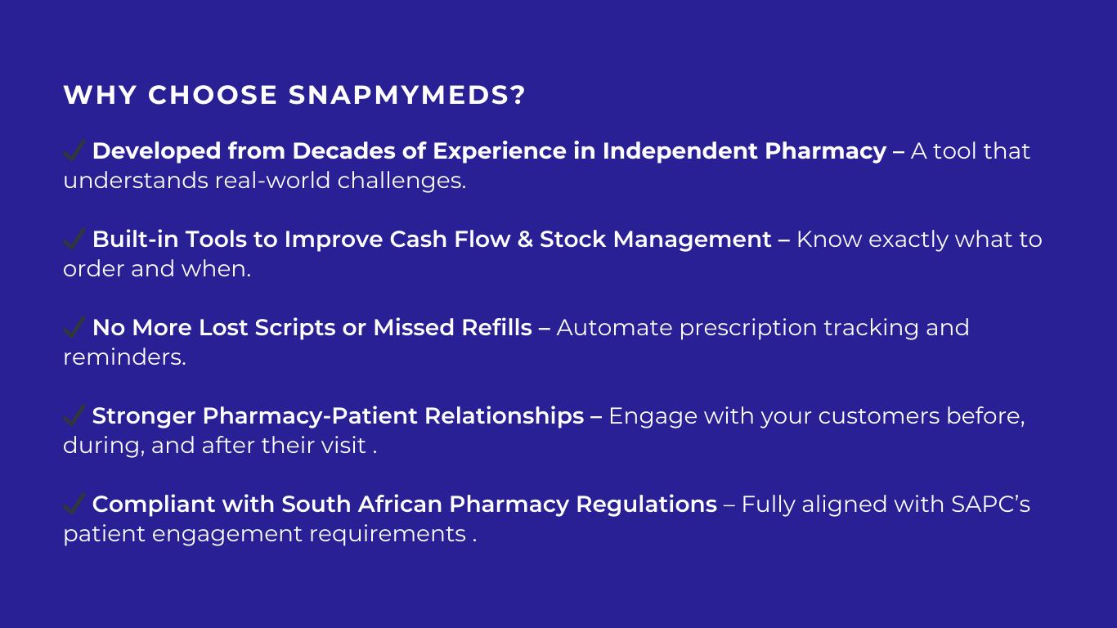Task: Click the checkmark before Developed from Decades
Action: click(x=74, y=150)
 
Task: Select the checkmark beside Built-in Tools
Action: click(x=74, y=239)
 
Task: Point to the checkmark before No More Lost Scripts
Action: click(x=74, y=327)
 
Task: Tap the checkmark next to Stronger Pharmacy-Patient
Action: click(x=74, y=415)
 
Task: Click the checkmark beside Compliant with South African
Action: click(x=74, y=504)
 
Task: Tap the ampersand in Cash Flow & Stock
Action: click(x=524, y=240)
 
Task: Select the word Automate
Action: click(x=614, y=328)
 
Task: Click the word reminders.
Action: click(x=124, y=357)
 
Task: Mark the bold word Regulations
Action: click(x=646, y=505)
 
